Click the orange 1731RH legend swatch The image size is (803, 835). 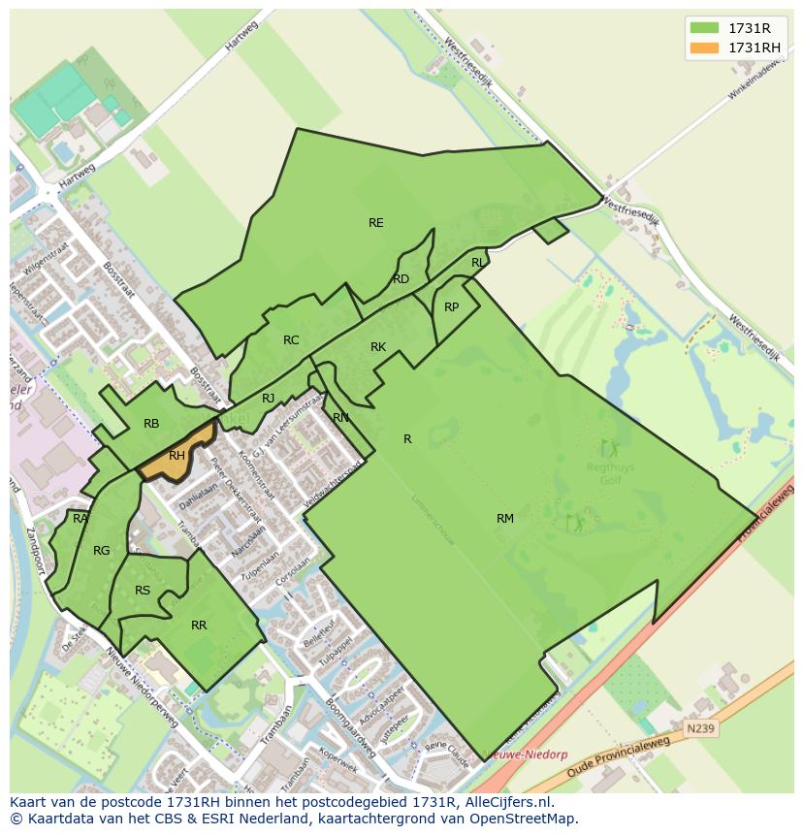(x=704, y=48)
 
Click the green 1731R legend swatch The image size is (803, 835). (x=704, y=28)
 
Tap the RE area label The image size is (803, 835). (x=376, y=223)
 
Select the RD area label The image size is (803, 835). (x=401, y=279)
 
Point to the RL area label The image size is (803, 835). (x=478, y=263)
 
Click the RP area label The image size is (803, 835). (x=451, y=307)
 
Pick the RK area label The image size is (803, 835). (x=378, y=347)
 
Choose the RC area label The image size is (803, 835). (x=291, y=340)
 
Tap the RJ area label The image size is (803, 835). (x=269, y=399)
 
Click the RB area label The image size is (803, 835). (x=151, y=424)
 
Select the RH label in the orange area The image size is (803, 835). (x=177, y=456)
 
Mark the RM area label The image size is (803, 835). (x=505, y=519)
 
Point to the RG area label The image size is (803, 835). (x=102, y=551)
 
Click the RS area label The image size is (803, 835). (x=143, y=591)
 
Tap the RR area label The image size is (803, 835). (x=199, y=626)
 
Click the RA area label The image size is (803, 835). (x=80, y=519)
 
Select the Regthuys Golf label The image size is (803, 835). (x=610, y=472)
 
